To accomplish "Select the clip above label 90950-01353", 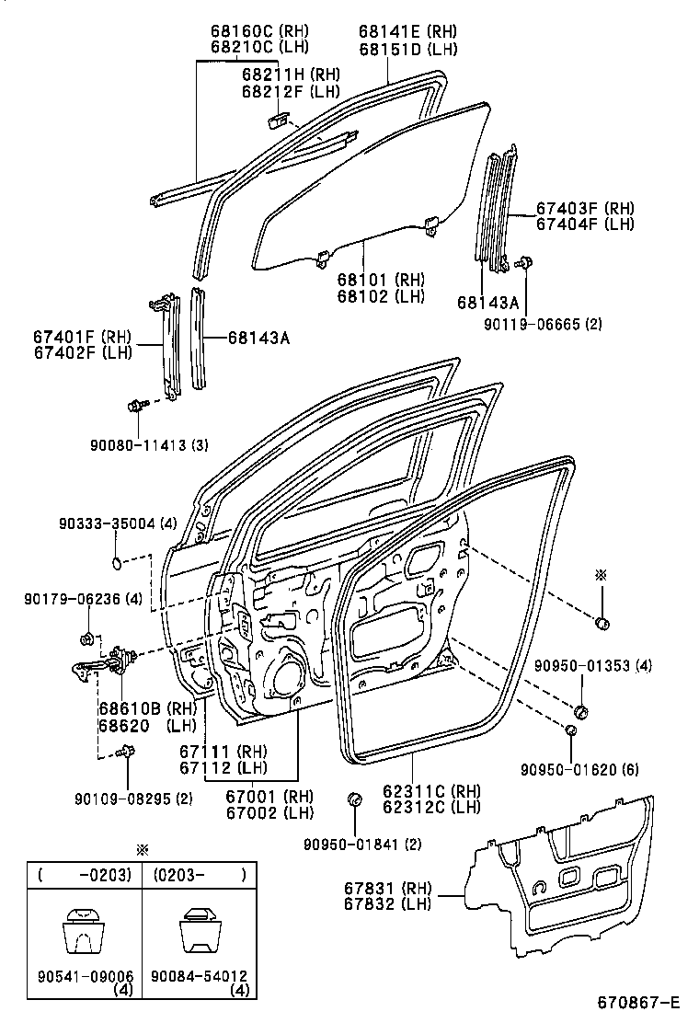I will [581, 710].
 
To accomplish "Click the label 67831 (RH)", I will [362, 888].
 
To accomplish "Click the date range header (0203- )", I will [199, 875].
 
